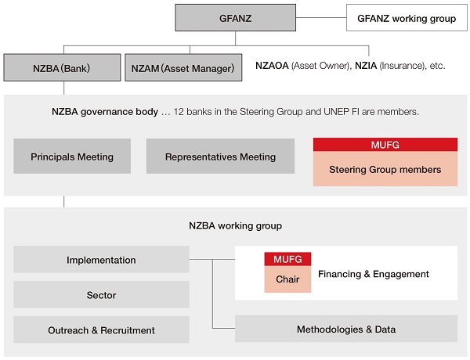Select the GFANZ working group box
click(401, 17)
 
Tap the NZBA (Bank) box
click(61, 67)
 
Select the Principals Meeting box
click(72, 157)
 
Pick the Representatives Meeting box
click(220, 157)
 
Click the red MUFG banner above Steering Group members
click(385, 145)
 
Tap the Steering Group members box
click(385, 168)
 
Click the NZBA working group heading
click(235, 225)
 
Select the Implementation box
click(101, 260)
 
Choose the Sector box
click(101, 295)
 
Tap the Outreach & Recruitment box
click(101, 329)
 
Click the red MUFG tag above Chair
click(287, 259)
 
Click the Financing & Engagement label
click(373, 274)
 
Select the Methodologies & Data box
click(345, 329)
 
